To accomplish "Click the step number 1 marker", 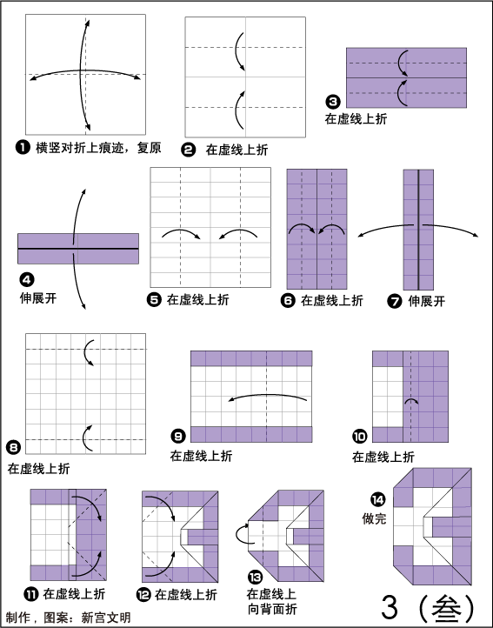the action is pyautogui.click(x=23, y=147).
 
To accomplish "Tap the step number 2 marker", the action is pyautogui.click(x=189, y=150).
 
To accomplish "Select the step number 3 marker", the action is pyautogui.click(x=333, y=101).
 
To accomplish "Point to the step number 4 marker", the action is pyautogui.click(x=26, y=279).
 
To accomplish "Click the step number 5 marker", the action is pyautogui.click(x=154, y=299).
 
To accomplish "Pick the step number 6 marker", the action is pyautogui.click(x=288, y=300).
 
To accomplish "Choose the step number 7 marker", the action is pyautogui.click(x=395, y=301).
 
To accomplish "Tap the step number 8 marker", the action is pyautogui.click(x=14, y=447).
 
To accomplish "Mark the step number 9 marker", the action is pyautogui.click(x=178, y=436).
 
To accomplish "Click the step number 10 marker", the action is pyautogui.click(x=360, y=436).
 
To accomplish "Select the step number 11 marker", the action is pyautogui.click(x=30, y=594).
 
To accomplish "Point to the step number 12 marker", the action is pyautogui.click(x=143, y=595).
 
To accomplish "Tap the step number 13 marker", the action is pyautogui.click(x=255, y=578).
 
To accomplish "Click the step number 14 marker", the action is pyautogui.click(x=377, y=499).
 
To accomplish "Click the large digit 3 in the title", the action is pyautogui.click(x=390, y=607).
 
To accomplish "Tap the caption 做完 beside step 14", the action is pyautogui.click(x=374, y=518).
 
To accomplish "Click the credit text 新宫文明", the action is pyautogui.click(x=106, y=618).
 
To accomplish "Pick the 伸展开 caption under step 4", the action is pyautogui.click(x=38, y=298).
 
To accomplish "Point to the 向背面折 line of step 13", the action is pyautogui.click(x=272, y=609).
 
